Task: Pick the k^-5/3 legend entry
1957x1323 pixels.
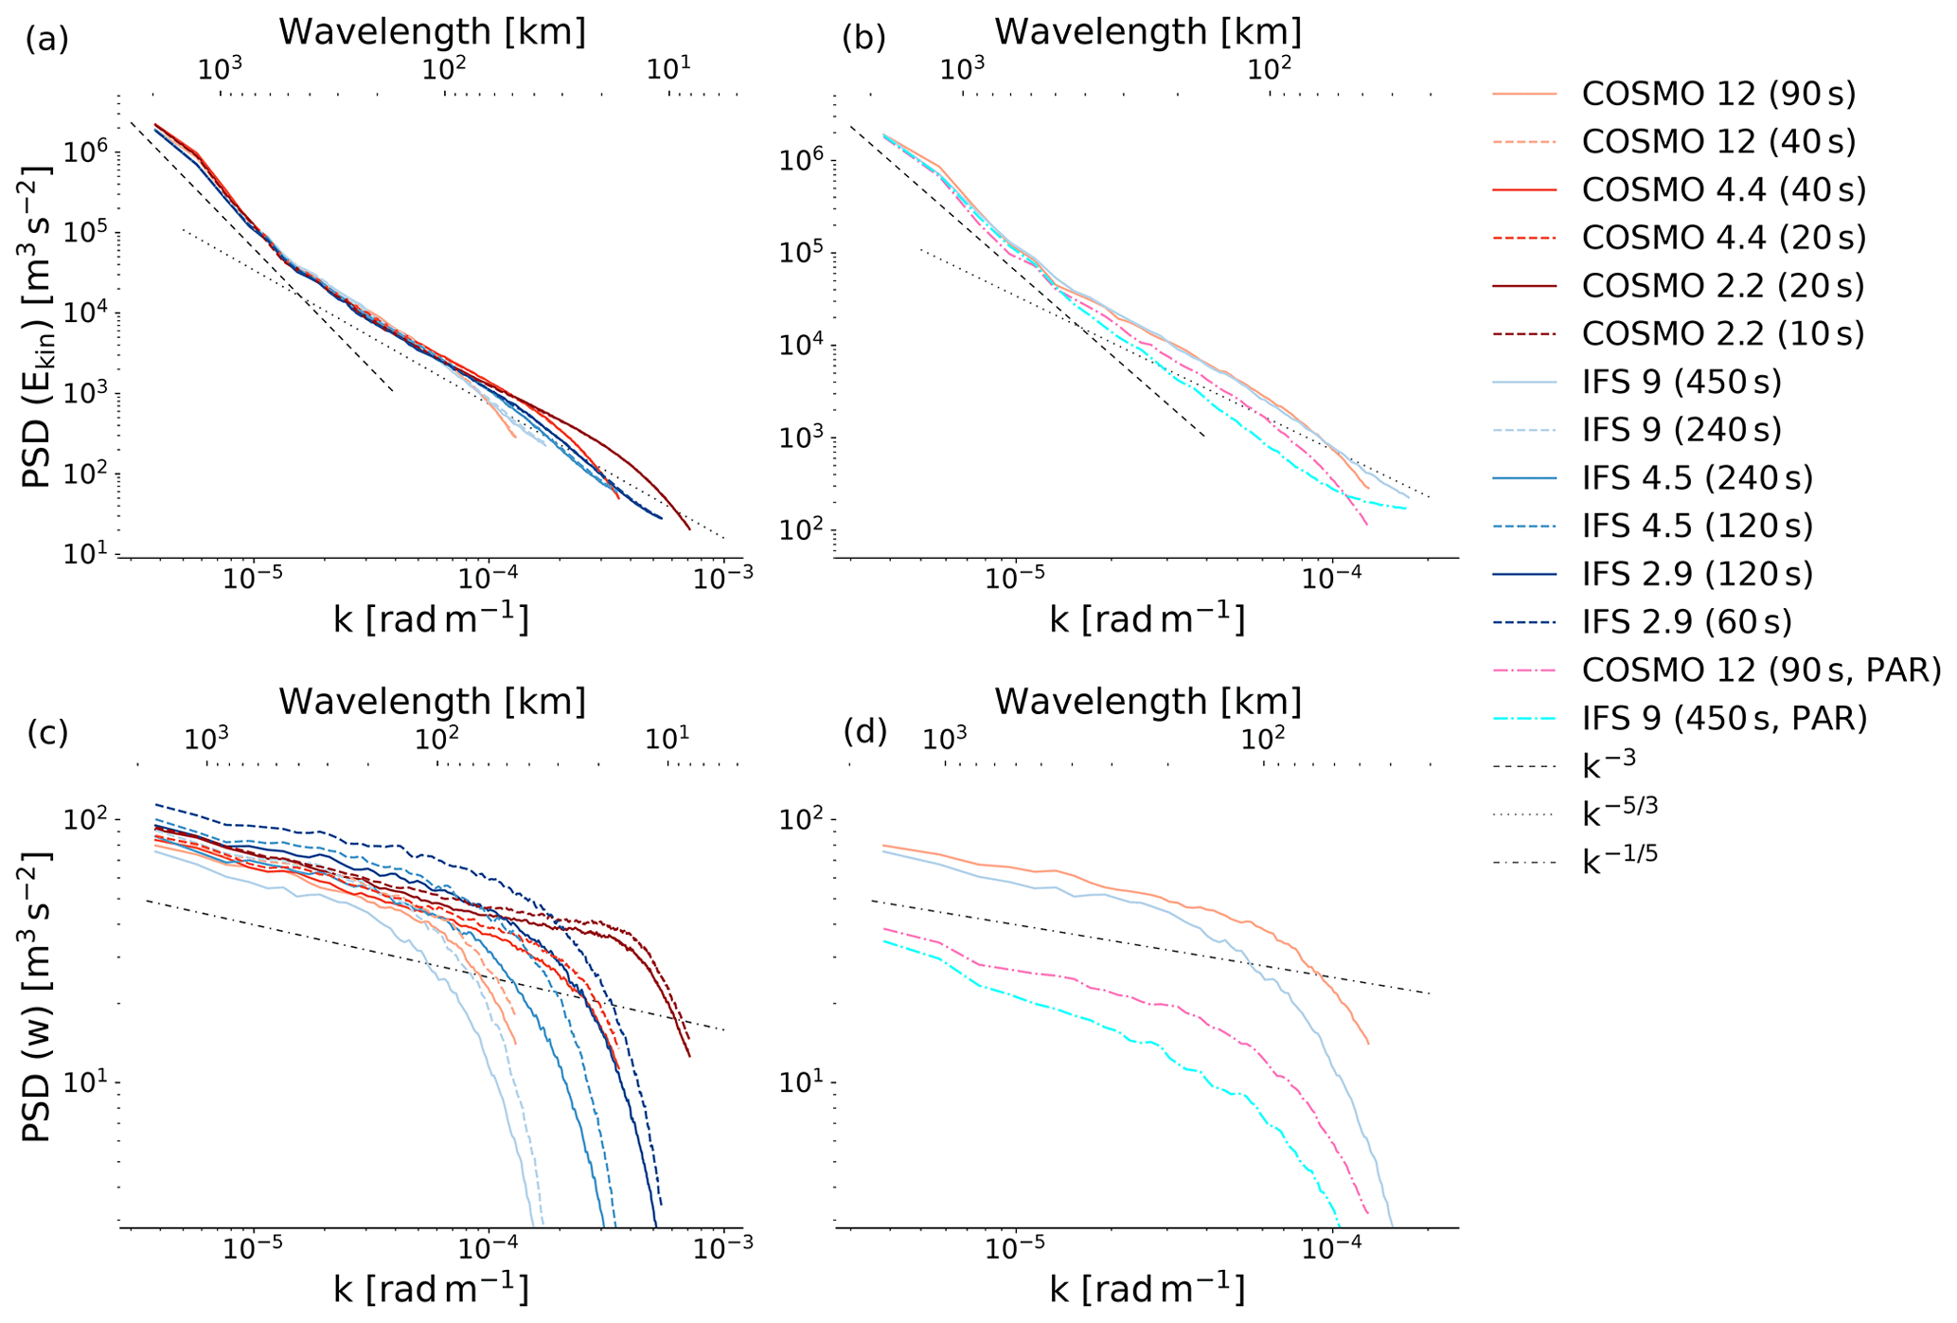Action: pyautogui.click(x=1620, y=812)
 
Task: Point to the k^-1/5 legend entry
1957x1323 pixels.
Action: pyautogui.click(x=1620, y=860)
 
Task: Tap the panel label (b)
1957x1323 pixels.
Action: pyautogui.click(x=863, y=38)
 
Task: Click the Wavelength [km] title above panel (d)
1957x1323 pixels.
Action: pyautogui.click(x=1148, y=702)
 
